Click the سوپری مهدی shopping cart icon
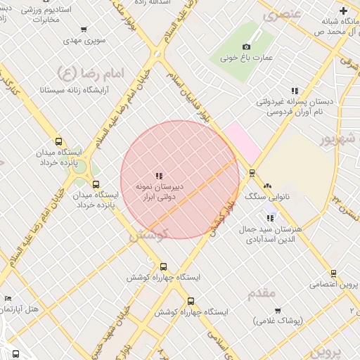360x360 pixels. [84, 30]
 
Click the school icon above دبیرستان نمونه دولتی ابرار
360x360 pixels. [159, 176]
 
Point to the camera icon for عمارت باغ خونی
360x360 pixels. [246, 46]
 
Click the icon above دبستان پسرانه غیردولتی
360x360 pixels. [295, 91]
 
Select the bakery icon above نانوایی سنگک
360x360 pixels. [267, 185]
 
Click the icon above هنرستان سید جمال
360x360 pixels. [271, 218]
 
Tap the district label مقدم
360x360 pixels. [262, 292]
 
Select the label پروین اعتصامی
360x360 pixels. [335, 285]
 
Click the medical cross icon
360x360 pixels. [343, 11]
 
